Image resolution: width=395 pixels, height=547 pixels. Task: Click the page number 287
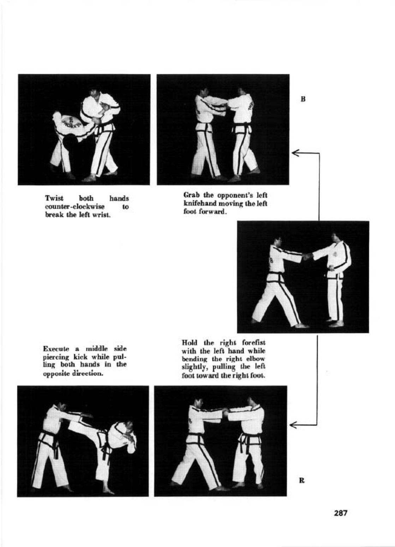pos(340,513)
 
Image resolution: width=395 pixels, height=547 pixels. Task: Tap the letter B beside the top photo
pos(303,99)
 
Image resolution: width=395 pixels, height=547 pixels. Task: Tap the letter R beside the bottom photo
pos(302,480)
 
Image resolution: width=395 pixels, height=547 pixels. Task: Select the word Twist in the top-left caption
pos(54,198)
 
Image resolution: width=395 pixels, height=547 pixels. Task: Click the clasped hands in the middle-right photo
pos(307,256)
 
